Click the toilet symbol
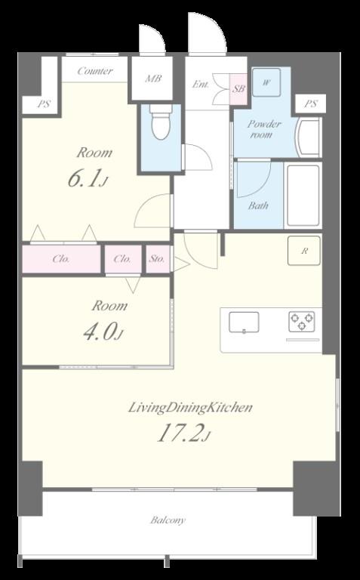pyautogui.click(x=161, y=122)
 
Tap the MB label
pyautogui.click(x=152, y=78)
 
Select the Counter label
pyautogui.click(x=94, y=71)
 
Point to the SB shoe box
pyautogui.click(x=238, y=89)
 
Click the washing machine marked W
pyautogui.click(x=266, y=82)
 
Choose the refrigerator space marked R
pyautogui.click(x=304, y=251)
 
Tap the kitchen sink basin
pyautogui.click(x=244, y=322)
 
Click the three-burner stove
pyautogui.click(x=302, y=321)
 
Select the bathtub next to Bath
pyautogui.click(x=303, y=195)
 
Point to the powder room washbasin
pyautogui.click(x=307, y=137)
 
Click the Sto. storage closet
pyautogui.click(x=158, y=259)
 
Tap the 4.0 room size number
pyautogui.click(x=103, y=332)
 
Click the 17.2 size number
pyautogui.click(x=183, y=433)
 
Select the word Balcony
pyautogui.click(x=168, y=520)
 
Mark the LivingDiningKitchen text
pyautogui.click(x=190, y=408)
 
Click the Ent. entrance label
pyautogui.click(x=200, y=85)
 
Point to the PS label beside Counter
pyautogui.click(x=44, y=104)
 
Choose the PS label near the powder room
pyautogui.click(x=310, y=104)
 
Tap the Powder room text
pyautogui.click(x=264, y=129)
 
